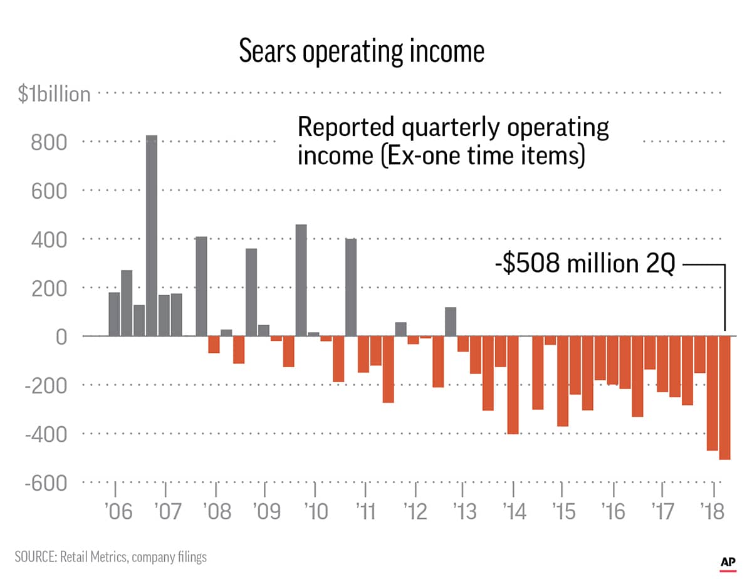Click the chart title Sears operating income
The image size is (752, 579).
pos(362,52)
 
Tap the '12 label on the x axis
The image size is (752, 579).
pos(415,511)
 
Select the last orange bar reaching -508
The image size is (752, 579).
pos(725,398)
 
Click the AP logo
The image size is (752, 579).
pos(727,561)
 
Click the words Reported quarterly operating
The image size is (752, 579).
pos(452,127)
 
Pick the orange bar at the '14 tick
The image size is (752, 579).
pos(513,385)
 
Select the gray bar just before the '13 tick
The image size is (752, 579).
pos(451,321)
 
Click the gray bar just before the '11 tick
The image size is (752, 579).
pos(351,287)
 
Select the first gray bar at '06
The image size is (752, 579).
pos(114,314)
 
